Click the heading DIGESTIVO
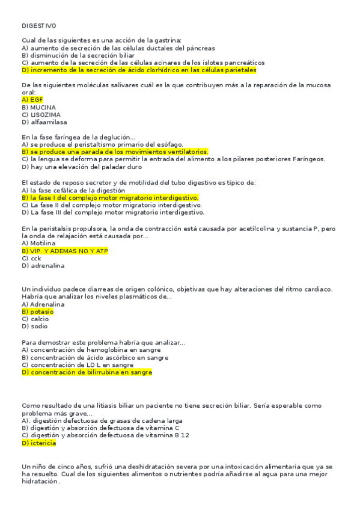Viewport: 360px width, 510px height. coord(39,26)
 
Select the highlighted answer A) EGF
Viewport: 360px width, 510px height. coord(32,100)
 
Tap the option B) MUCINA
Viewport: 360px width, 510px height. coord(38,107)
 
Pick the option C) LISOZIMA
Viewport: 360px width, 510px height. coord(41,114)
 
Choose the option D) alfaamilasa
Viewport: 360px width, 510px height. coord(44,121)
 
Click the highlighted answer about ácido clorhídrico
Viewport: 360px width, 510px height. coord(139,70)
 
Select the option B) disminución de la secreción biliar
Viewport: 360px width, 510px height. coord(78,55)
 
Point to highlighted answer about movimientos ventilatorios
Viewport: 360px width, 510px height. coord(115,152)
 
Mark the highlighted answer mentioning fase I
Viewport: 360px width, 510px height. coord(110,197)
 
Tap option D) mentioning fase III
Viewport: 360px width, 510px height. coord(112,212)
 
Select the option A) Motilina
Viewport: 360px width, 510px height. coord(39,243)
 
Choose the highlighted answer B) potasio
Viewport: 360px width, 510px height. coord(37,312)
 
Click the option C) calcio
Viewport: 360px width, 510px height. coord(35,319)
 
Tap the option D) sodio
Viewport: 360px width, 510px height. coord(35,327)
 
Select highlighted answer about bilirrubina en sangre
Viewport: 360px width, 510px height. coord(87,372)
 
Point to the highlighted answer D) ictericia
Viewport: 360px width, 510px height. coord(38,443)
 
